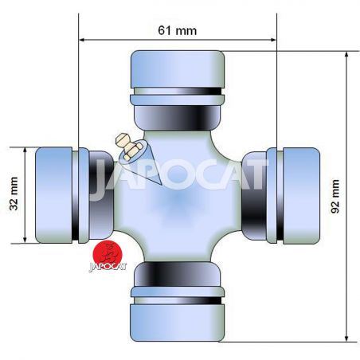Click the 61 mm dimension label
click(178, 30)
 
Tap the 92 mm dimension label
click(335, 196)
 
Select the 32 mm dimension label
click(14, 194)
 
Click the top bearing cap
click(178, 69)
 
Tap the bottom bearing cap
click(177, 323)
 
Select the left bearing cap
click(53, 195)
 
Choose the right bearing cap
click(301, 196)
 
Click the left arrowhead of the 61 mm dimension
click(82, 40)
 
